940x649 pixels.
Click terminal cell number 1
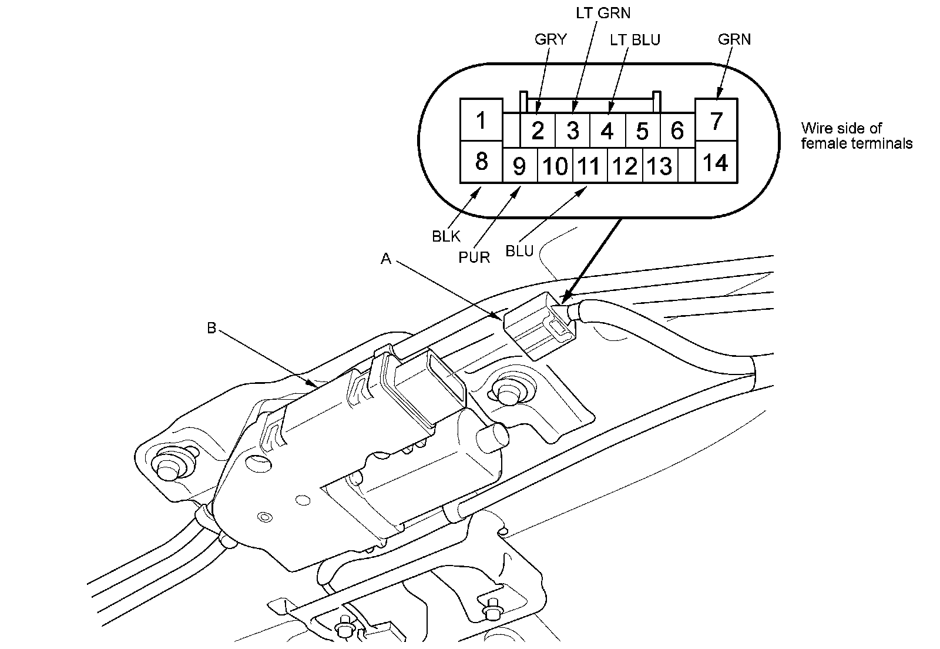point(481,121)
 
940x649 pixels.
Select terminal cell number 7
point(716,121)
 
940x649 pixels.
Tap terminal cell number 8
point(481,161)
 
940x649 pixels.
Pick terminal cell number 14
point(716,162)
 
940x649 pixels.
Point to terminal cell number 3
point(573,131)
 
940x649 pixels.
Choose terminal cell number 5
point(642,131)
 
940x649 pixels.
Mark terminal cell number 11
point(589,166)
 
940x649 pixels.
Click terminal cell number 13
point(659,166)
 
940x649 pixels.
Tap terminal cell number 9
point(519,166)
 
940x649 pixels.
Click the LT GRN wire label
point(603,12)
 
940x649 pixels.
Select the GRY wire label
point(550,39)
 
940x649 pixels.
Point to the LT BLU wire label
point(634,39)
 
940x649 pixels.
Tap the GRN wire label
point(734,39)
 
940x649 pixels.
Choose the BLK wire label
point(446,236)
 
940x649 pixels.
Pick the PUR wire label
point(475,257)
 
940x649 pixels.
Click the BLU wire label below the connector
point(519,252)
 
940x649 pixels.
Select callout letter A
point(385,259)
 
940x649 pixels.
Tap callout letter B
point(211,328)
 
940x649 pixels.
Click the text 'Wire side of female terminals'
point(856,136)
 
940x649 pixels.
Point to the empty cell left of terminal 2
point(512,130)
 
